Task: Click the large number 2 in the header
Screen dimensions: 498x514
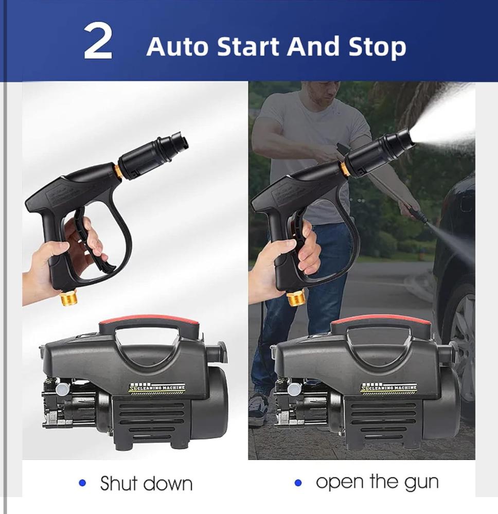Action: [98, 43]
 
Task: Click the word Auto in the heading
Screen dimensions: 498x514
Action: [177, 46]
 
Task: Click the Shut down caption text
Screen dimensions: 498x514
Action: [146, 483]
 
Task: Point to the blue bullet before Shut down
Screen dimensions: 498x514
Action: [83, 483]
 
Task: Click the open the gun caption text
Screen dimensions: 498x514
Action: [377, 483]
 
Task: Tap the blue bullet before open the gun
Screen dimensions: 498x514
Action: [298, 483]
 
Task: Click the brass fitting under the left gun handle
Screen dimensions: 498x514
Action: [68, 297]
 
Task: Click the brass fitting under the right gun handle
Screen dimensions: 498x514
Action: [295, 297]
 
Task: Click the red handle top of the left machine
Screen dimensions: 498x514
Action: [150, 321]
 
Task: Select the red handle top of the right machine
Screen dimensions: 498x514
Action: [381, 321]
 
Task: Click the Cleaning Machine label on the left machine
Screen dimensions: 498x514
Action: [157, 388]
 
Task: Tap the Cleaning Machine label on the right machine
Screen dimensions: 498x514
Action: [389, 388]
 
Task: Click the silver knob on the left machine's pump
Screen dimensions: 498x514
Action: [62, 389]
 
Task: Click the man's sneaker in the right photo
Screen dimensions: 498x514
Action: [258, 406]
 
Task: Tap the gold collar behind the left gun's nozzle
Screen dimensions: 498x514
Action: [118, 171]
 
